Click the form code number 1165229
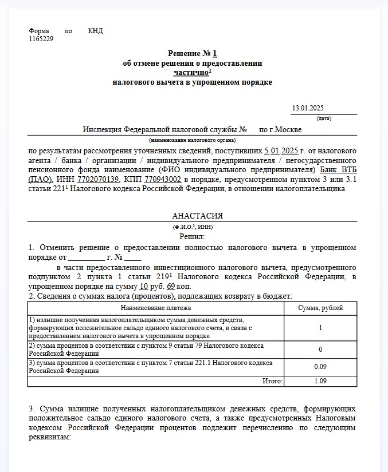(41, 39)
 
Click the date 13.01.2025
(308, 109)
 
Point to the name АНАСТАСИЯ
(197, 216)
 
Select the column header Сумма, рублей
(320, 308)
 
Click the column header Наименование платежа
(156, 308)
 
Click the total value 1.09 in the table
(320, 380)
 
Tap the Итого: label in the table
(272, 380)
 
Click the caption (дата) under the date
(324, 118)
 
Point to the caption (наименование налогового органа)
(192, 140)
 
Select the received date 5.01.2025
(281, 151)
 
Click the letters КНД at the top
(96, 31)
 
